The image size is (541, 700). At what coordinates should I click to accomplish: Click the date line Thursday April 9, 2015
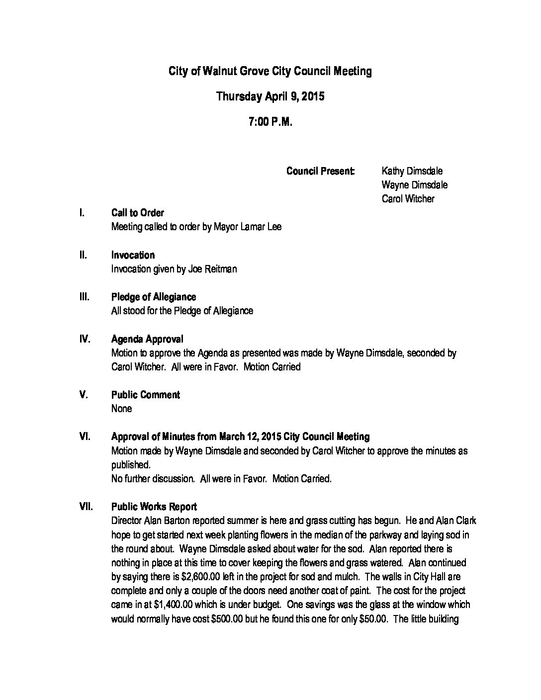(270, 96)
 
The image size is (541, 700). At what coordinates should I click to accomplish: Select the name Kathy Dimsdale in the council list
(412, 171)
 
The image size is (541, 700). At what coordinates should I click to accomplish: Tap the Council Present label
(320, 171)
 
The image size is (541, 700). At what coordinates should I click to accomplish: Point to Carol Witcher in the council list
(408, 199)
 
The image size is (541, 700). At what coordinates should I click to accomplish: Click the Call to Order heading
(137, 213)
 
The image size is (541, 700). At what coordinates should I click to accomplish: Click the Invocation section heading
(133, 255)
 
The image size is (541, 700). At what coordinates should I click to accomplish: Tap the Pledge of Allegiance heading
(153, 297)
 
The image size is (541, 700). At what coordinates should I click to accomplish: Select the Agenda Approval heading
(147, 339)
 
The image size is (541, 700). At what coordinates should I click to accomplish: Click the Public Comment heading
(145, 395)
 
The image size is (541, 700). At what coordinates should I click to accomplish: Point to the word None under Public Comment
(121, 409)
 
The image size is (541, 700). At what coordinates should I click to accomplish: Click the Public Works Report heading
(154, 507)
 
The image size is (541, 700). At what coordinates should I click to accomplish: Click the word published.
(130, 465)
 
